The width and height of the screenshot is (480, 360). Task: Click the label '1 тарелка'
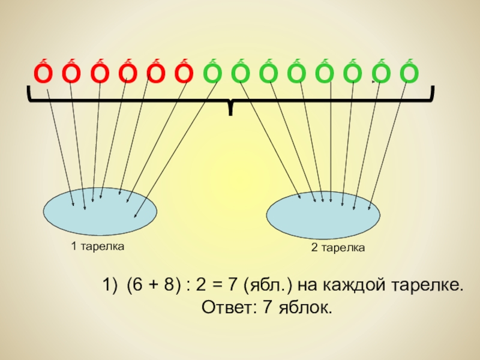coord(97,246)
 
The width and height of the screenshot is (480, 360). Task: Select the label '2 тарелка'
coord(338,247)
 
